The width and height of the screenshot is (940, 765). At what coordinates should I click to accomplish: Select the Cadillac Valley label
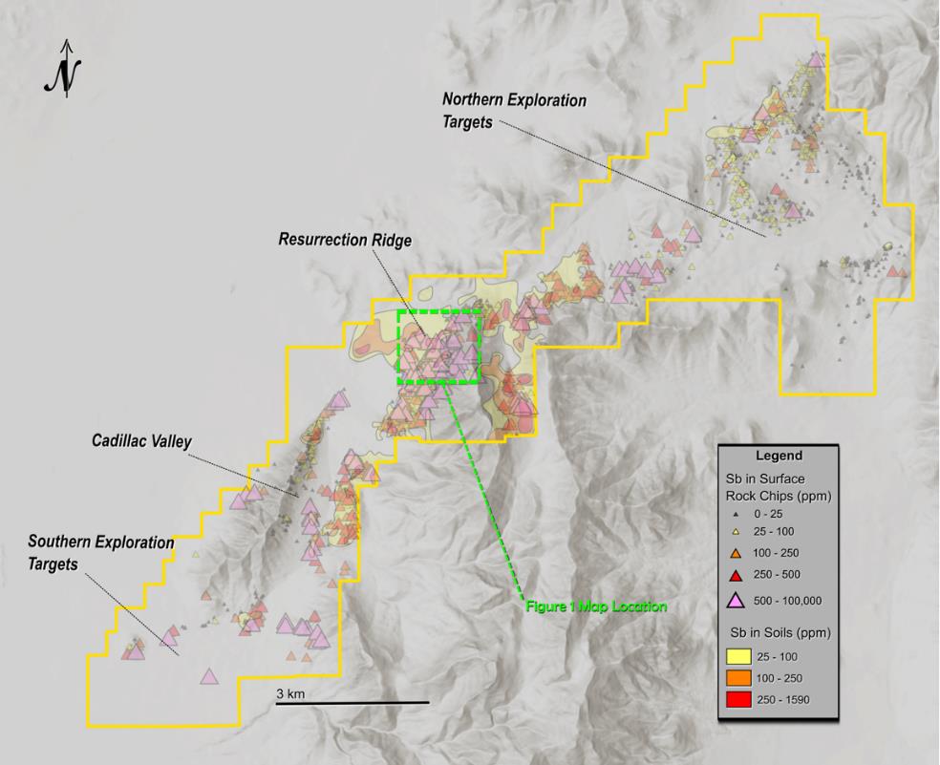pos(142,441)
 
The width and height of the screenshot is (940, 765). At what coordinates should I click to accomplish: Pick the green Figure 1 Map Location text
pos(595,606)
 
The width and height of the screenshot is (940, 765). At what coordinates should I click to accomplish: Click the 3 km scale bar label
pos(290,693)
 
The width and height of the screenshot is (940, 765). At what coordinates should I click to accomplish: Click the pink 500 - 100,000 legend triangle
pos(737,600)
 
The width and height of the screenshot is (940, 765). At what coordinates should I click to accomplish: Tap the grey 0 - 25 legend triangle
pos(737,513)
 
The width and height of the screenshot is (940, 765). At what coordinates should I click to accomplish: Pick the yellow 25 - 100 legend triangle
pos(737,531)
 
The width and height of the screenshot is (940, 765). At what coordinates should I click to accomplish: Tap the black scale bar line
pos(352,704)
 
